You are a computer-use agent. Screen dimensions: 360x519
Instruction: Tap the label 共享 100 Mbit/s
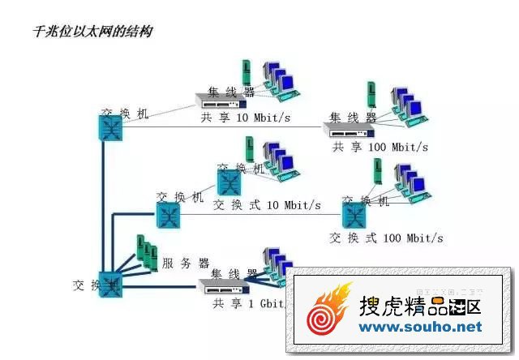[380, 147]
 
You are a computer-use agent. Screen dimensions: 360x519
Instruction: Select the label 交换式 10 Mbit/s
[267, 204]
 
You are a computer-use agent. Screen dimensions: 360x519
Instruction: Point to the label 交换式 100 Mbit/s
[386, 238]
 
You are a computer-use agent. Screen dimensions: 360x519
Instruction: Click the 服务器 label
[186, 263]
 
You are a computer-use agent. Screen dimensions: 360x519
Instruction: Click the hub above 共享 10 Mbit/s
[221, 101]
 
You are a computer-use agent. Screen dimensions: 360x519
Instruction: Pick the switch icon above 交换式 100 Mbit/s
[354, 215]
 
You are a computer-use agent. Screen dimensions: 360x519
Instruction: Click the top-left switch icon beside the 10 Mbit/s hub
[110, 126]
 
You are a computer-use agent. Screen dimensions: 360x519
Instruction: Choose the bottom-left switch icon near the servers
[109, 284]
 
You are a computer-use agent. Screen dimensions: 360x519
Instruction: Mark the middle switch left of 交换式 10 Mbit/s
[167, 215]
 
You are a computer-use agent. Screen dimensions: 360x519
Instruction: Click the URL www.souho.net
[420, 327]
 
